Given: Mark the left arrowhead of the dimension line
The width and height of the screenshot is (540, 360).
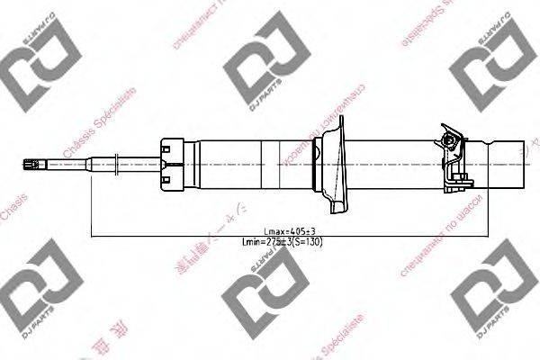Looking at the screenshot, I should click(94, 236).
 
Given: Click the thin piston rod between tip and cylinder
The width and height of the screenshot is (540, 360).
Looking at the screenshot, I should click(72, 164).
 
